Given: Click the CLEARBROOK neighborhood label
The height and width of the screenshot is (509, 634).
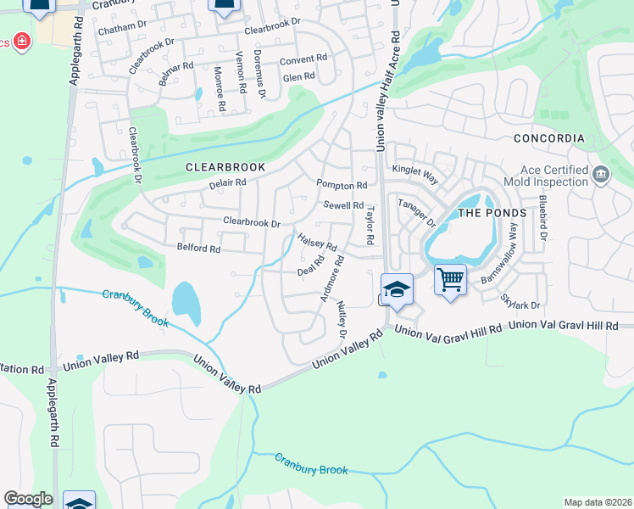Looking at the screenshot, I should [225, 168].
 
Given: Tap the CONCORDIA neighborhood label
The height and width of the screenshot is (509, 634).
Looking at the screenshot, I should [549, 138].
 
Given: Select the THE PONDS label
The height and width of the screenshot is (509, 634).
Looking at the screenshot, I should [492, 213].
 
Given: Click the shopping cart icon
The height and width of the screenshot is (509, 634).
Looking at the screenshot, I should [451, 279].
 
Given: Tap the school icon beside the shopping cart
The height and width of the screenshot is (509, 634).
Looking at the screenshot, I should [396, 289].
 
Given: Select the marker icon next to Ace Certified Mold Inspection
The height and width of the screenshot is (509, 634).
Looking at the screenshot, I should [601, 175].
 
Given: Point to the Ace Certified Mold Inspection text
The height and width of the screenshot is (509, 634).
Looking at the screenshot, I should [545, 176].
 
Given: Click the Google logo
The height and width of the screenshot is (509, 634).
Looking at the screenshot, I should [28, 499].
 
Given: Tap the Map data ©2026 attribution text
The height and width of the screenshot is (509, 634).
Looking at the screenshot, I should [598, 502].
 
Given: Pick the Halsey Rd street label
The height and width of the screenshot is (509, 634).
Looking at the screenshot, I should [318, 243].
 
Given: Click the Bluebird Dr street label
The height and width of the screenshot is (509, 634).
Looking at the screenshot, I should [543, 217].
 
